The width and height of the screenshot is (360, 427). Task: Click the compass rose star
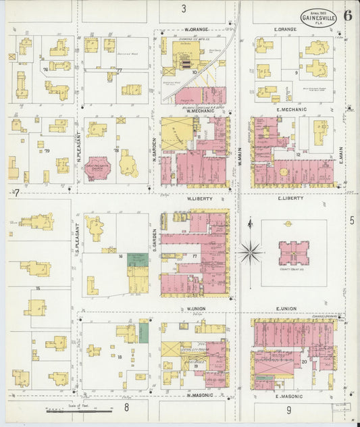pos(251,253)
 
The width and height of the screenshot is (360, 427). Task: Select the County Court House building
pos(294,253)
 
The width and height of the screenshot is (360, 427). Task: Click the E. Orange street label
pos(286,30)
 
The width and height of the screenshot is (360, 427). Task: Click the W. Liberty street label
pos(200,199)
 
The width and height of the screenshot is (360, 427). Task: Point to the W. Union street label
pos(196,309)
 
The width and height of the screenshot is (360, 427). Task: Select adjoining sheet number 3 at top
pos(183,9)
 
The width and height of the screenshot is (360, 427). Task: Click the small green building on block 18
pos(143,332)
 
